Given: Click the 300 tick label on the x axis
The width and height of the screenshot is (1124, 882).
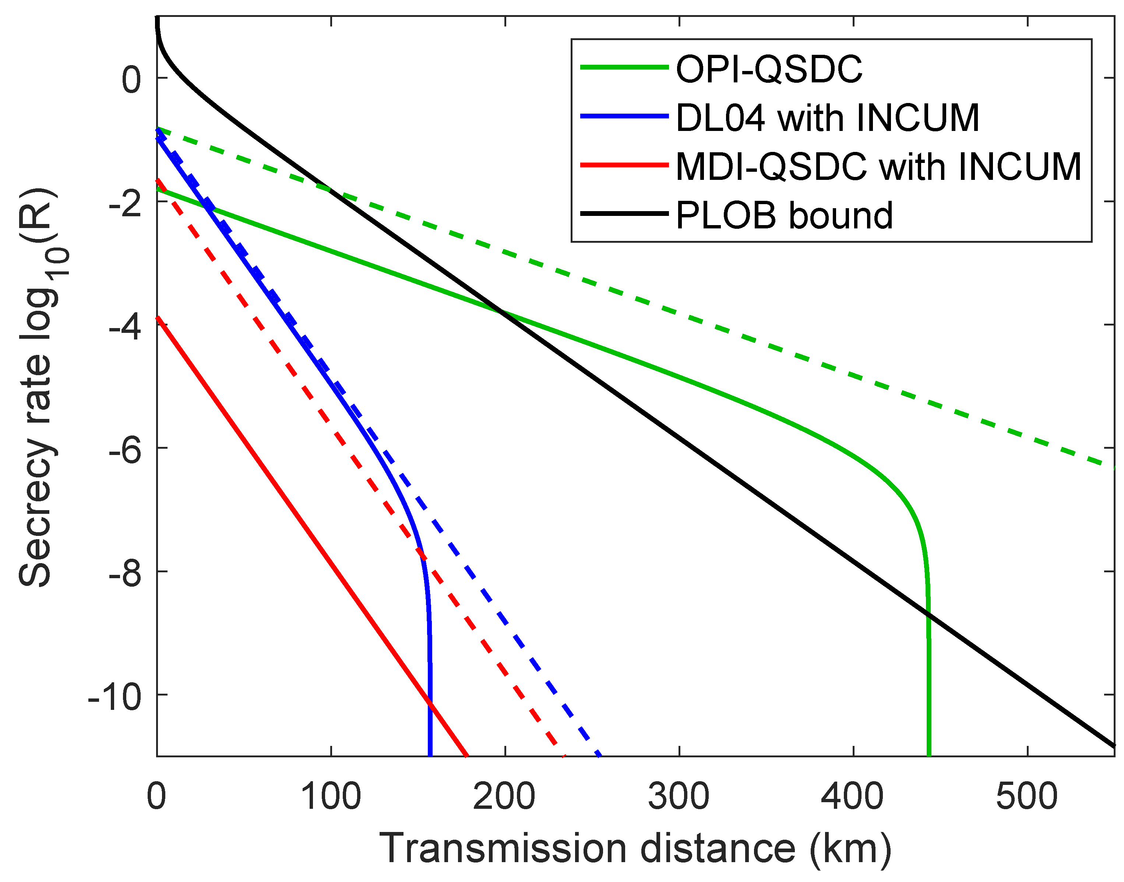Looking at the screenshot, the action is tap(679, 796).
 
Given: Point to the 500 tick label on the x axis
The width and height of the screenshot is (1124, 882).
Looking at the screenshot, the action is tap(1027, 796).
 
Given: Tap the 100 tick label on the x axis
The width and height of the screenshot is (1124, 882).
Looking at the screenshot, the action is tap(331, 796).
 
